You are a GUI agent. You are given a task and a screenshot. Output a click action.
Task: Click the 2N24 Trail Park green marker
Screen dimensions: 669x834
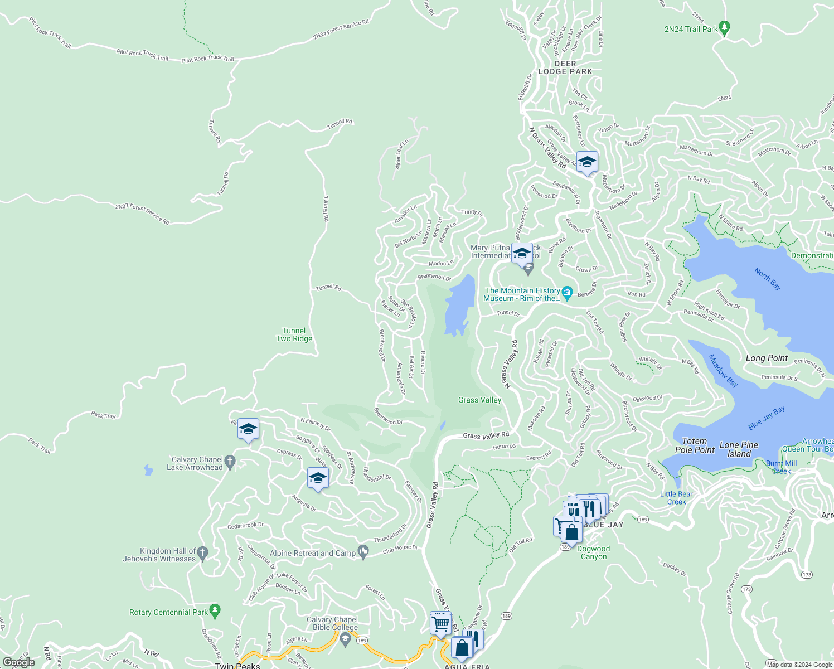(724, 27)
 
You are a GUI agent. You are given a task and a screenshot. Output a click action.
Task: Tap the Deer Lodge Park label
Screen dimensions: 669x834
(565, 67)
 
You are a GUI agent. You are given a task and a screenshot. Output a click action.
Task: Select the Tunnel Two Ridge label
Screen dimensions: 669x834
(294, 334)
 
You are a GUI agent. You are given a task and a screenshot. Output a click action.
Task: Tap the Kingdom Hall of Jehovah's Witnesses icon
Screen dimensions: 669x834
(203, 553)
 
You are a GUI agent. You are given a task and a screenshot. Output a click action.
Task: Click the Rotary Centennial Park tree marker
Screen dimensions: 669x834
(215, 611)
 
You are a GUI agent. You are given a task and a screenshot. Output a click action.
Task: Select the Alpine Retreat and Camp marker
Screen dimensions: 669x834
(363, 552)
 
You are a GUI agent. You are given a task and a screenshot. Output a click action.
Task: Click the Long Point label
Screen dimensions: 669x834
(767, 358)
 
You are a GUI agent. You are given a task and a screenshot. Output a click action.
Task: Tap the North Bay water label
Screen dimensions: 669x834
(768, 279)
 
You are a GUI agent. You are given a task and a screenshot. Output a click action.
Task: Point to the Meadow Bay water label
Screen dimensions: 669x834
(724, 371)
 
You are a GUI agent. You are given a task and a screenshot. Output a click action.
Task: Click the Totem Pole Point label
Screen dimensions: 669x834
(695, 445)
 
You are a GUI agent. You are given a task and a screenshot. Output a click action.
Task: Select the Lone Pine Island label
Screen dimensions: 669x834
(739, 449)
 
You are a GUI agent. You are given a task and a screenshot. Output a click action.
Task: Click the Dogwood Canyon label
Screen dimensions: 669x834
(593, 552)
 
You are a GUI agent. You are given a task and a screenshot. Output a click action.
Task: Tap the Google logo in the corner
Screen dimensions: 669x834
(19, 662)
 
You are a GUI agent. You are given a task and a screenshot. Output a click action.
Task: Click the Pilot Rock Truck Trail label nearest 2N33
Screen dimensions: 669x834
(207, 59)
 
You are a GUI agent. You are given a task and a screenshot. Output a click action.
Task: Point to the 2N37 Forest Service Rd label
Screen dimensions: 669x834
(142, 214)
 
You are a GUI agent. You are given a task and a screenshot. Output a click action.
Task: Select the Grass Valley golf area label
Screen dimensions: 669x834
(479, 400)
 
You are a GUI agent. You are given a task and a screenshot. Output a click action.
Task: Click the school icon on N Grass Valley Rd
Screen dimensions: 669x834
(587, 162)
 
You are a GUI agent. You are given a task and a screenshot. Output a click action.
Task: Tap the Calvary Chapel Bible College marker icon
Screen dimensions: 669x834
(345, 639)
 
